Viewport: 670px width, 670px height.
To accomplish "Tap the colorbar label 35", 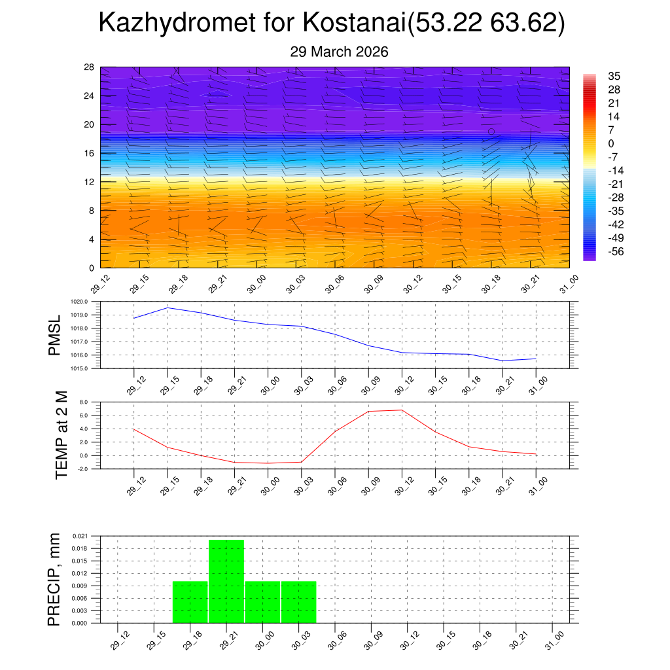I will (614, 76).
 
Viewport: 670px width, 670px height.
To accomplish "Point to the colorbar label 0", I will (611, 143).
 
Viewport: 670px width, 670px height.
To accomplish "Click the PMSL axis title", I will (55, 335).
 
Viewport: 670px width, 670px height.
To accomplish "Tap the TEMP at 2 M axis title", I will (62, 435).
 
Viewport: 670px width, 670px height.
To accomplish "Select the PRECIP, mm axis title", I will (55, 579).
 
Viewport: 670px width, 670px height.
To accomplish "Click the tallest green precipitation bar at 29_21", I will (226, 581).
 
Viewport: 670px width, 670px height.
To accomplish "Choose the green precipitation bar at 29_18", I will (190, 602).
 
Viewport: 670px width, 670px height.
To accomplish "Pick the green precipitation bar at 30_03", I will (299, 602).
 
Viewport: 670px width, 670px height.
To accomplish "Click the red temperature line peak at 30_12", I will (402, 410).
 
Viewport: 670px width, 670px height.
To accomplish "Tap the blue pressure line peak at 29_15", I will (167, 308).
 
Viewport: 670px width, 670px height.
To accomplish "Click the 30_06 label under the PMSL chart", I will (332, 385).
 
